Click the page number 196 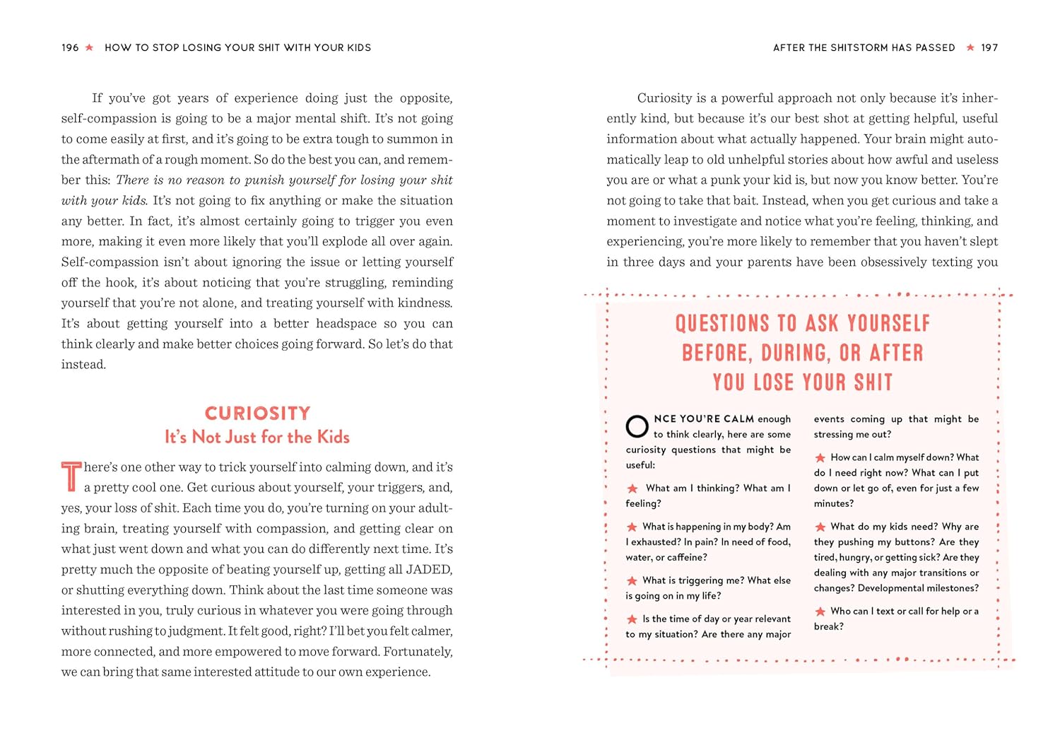coord(70,47)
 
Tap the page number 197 coord(989,47)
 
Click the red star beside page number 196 coord(89,47)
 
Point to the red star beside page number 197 coord(970,47)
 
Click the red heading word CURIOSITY coord(257,413)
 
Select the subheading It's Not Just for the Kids coord(257,437)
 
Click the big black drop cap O coord(637,426)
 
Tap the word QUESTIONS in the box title coord(722,324)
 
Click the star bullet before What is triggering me coord(632,581)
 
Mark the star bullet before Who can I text coord(820,611)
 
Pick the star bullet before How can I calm coord(820,458)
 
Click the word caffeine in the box coord(686,557)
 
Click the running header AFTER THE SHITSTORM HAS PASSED coord(864,47)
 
